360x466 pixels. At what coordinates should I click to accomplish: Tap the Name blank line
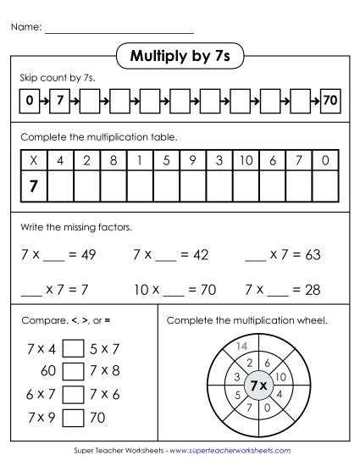click(x=119, y=31)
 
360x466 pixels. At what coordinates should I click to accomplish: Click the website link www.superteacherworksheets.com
click(x=230, y=451)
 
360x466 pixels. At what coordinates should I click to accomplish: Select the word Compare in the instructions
click(x=40, y=321)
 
